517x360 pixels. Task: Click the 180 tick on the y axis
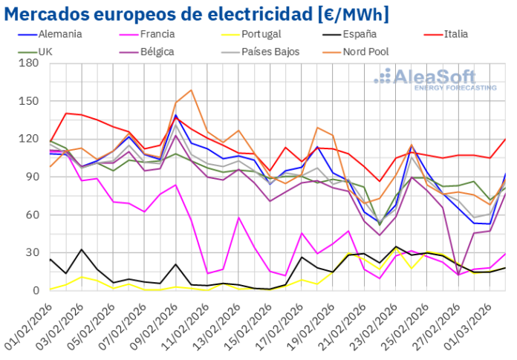click(30, 63)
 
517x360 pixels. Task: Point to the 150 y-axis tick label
click(30, 101)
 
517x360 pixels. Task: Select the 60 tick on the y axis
click(33, 215)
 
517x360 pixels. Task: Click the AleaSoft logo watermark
click(435, 79)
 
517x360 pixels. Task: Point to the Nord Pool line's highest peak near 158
click(191, 91)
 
